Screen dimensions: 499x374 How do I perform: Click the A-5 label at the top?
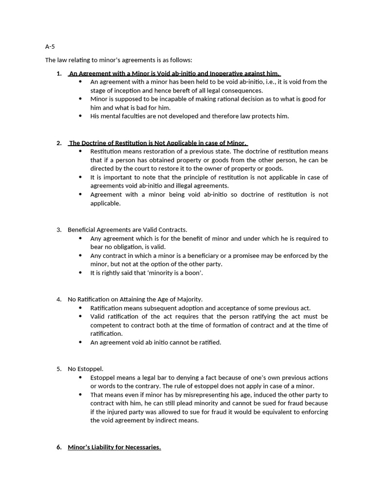point(50,47)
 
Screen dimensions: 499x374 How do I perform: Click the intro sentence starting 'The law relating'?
point(118,60)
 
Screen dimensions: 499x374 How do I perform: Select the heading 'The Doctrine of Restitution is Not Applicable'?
point(158,143)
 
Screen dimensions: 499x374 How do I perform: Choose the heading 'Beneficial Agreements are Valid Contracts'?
point(127,230)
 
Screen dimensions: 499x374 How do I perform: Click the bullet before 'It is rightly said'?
point(80,273)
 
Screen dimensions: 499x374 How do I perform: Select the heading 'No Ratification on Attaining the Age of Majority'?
point(135,299)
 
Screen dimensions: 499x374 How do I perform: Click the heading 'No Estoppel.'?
point(85,369)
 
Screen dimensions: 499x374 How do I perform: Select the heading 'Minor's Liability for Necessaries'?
point(114,447)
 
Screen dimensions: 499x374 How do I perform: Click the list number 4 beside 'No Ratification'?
point(59,299)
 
